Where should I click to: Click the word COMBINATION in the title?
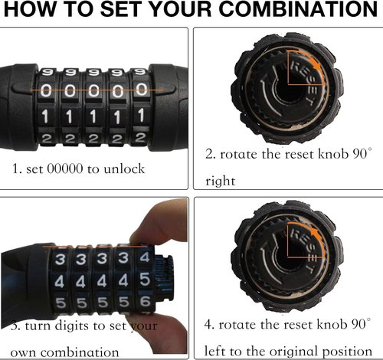[x=298, y=9]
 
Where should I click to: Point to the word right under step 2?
[x=220, y=182]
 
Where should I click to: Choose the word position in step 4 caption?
[x=347, y=352]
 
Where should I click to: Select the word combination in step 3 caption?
[x=80, y=353]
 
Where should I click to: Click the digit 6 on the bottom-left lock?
[x=145, y=301]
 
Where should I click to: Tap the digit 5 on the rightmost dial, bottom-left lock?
[x=145, y=279]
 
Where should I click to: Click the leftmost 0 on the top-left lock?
[x=46, y=91]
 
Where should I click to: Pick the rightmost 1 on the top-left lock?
[x=141, y=115]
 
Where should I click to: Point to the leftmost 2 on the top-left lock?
[x=46, y=139]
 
